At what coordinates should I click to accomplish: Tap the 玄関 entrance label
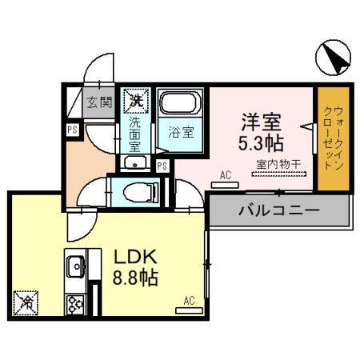click(99, 102)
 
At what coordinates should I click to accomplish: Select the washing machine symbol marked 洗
click(134, 101)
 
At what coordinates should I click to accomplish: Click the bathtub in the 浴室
click(182, 105)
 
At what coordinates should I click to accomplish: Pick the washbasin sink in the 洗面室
click(134, 163)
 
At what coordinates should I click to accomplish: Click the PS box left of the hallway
click(71, 128)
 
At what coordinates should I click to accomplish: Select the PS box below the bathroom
click(162, 166)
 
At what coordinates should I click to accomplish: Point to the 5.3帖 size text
click(261, 143)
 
